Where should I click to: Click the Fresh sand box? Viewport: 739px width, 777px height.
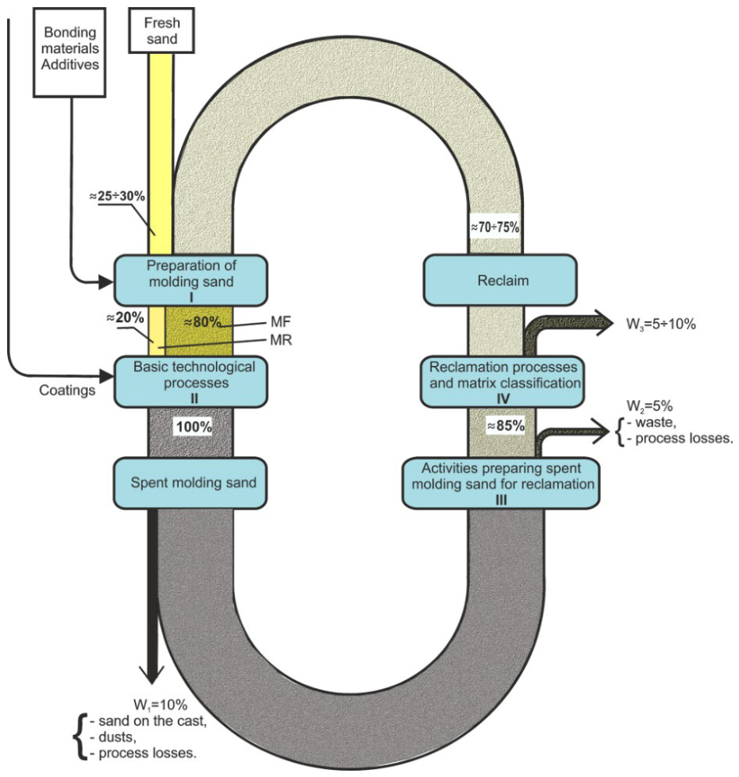pos(162,30)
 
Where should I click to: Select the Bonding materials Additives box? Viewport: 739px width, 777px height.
pos(69,52)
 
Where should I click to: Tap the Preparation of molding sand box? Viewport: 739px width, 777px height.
pos(191,280)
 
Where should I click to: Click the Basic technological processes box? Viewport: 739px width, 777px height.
pos(191,382)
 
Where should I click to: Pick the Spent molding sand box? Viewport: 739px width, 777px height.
pos(191,483)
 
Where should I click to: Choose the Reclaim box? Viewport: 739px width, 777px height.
pos(500,280)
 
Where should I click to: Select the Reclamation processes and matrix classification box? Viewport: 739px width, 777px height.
pos(502,382)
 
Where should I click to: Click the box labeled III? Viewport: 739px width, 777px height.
pos(501,483)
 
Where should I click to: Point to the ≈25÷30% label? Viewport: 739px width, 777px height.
pos(117,196)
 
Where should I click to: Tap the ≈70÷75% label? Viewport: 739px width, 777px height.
pos(495,227)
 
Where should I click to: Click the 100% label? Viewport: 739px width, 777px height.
pos(194,426)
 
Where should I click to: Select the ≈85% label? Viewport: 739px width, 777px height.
pos(506,425)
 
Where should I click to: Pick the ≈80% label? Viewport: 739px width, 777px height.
pos(202,322)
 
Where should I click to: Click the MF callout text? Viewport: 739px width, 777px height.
pos(280,322)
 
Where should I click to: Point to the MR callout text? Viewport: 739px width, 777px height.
pos(281,340)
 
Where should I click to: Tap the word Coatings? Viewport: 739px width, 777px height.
pos(67,390)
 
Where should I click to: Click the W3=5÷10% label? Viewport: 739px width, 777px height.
pos(661,325)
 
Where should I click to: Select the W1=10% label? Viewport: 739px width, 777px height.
pos(160,705)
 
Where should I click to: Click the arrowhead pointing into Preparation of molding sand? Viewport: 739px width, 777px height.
pos(106,283)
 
